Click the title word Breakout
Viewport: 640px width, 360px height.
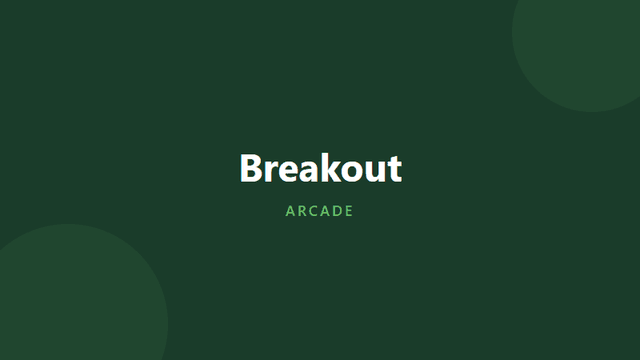[320, 168]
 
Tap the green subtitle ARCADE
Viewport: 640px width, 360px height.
[320, 211]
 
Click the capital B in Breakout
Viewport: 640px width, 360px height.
[251, 168]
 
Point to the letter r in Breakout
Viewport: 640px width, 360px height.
[272, 171]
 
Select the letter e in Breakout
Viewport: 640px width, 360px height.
[290, 171]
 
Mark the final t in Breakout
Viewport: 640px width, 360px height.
[393, 169]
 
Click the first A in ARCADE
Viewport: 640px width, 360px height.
[290, 211]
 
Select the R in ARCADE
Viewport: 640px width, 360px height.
[302, 211]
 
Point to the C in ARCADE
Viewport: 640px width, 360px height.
[314, 211]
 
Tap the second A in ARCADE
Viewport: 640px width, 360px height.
[326, 211]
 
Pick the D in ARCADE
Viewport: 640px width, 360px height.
[338, 211]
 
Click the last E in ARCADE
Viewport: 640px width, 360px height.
[349, 211]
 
